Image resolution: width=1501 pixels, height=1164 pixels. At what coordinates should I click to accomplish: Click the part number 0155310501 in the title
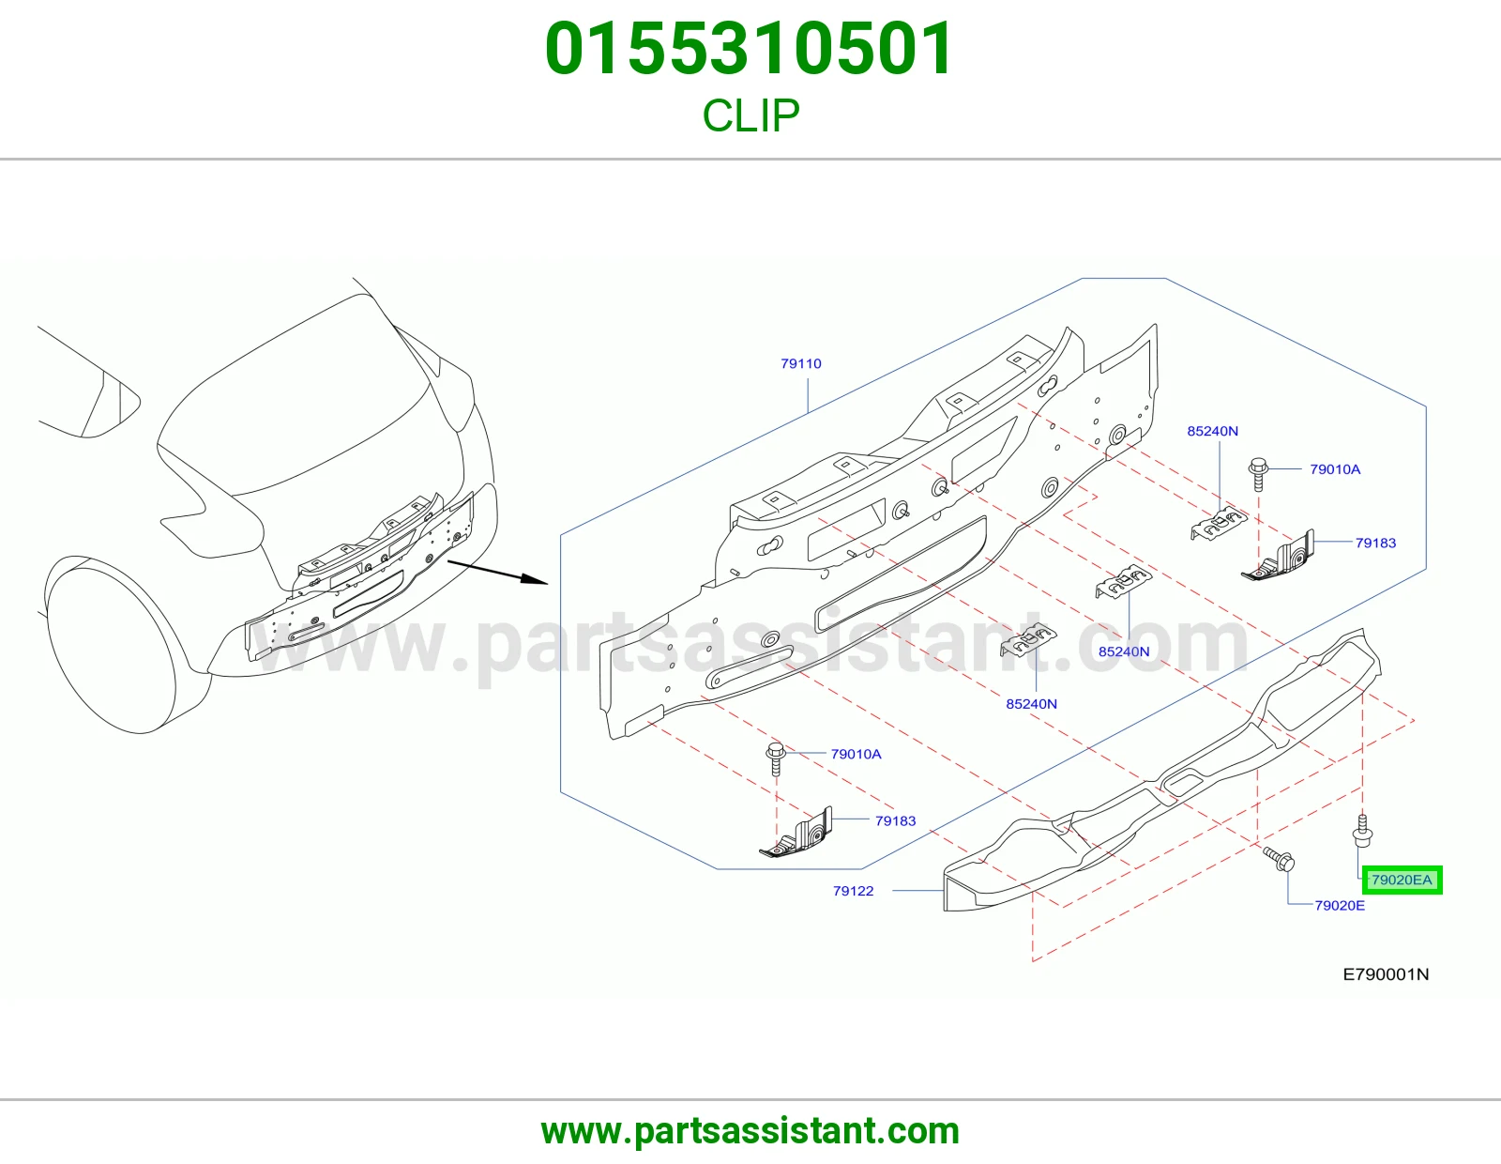click(750, 49)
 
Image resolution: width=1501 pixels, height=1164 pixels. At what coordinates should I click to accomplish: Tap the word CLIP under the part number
click(750, 115)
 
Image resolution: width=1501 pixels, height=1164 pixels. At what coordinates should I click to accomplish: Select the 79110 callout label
click(801, 363)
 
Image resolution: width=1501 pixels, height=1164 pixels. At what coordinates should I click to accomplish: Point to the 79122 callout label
click(853, 891)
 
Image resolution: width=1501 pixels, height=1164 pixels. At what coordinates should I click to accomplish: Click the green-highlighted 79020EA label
click(1402, 880)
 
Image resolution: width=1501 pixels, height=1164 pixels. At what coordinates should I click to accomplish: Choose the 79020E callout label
click(1340, 906)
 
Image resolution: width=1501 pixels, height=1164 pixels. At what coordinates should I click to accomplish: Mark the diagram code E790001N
click(1386, 974)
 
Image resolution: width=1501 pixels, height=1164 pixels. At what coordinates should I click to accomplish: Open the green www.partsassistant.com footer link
click(750, 1131)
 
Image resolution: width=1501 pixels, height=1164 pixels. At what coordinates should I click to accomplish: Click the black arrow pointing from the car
click(497, 573)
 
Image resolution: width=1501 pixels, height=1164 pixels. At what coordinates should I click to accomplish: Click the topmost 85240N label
click(1212, 431)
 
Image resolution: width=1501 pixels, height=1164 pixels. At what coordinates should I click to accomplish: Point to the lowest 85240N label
click(1031, 704)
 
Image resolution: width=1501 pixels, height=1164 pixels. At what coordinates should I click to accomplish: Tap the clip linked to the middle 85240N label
click(1123, 581)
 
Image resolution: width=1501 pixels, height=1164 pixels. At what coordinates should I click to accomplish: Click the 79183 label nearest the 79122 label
click(895, 821)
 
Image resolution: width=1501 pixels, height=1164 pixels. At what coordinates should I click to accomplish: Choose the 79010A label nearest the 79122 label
click(856, 754)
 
